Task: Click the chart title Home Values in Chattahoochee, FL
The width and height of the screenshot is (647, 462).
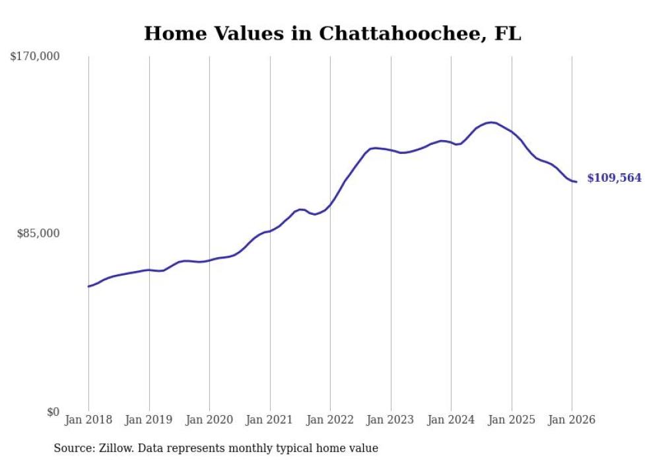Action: pos(332,34)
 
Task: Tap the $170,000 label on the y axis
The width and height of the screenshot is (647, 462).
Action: pos(35,57)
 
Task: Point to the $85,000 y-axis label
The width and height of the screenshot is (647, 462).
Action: pos(38,233)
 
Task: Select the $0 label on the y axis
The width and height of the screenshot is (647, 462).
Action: pos(53,412)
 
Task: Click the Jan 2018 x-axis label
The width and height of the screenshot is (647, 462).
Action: pos(88,420)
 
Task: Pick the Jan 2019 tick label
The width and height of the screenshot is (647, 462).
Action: pos(149,420)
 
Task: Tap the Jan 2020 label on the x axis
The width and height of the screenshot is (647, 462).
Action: pos(209,420)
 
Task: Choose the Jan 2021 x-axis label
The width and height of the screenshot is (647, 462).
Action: pos(270,420)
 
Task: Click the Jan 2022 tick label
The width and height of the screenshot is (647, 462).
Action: pos(330,420)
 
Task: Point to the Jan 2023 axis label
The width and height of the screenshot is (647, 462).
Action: pos(391,420)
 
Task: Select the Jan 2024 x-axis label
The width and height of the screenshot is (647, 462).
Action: pos(451,420)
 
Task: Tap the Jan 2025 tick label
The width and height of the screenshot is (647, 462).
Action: pos(512,420)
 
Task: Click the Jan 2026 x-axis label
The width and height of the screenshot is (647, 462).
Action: pos(572,420)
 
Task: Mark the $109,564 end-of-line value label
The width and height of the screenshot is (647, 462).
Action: pos(614,178)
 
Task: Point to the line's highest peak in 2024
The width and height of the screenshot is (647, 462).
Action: pos(490,122)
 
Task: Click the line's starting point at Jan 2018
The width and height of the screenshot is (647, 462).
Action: pos(88,286)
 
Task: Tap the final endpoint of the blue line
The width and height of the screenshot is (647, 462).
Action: pos(576,182)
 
